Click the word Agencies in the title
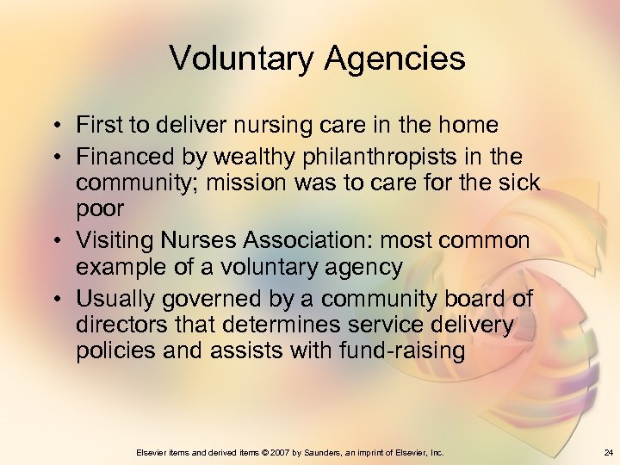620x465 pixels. [397, 59]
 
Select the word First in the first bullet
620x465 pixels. [96, 125]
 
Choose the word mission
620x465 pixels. [277, 183]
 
